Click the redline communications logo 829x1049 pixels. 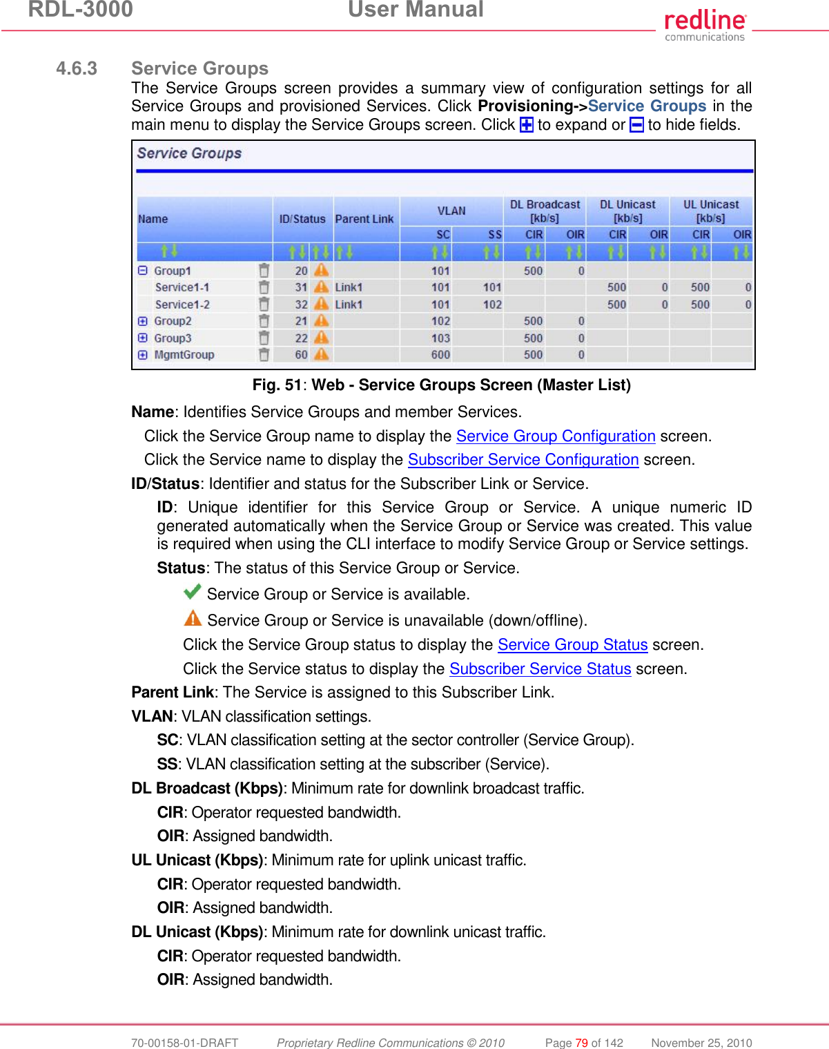coord(704,25)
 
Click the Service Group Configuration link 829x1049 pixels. coord(555,436)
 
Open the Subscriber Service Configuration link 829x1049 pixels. coord(523,460)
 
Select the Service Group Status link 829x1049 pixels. coord(572,645)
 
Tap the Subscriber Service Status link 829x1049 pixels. coord(540,669)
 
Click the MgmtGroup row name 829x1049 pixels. coord(184,355)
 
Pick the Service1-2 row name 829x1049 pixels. coord(182,305)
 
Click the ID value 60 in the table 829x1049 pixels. coord(301,355)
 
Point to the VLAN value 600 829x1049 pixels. coord(440,355)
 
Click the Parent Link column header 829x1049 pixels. coord(364,219)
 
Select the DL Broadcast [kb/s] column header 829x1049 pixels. coord(545,211)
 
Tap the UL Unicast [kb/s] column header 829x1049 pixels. coord(710,211)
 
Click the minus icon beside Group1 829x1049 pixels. coord(143,271)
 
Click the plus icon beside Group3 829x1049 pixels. coord(143,338)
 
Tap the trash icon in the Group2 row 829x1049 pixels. coord(264,321)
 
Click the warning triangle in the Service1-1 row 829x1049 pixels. coord(322,287)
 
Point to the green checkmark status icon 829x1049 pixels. coord(193,592)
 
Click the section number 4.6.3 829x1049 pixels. coord(77,68)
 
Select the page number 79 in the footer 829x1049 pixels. coord(581,1043)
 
